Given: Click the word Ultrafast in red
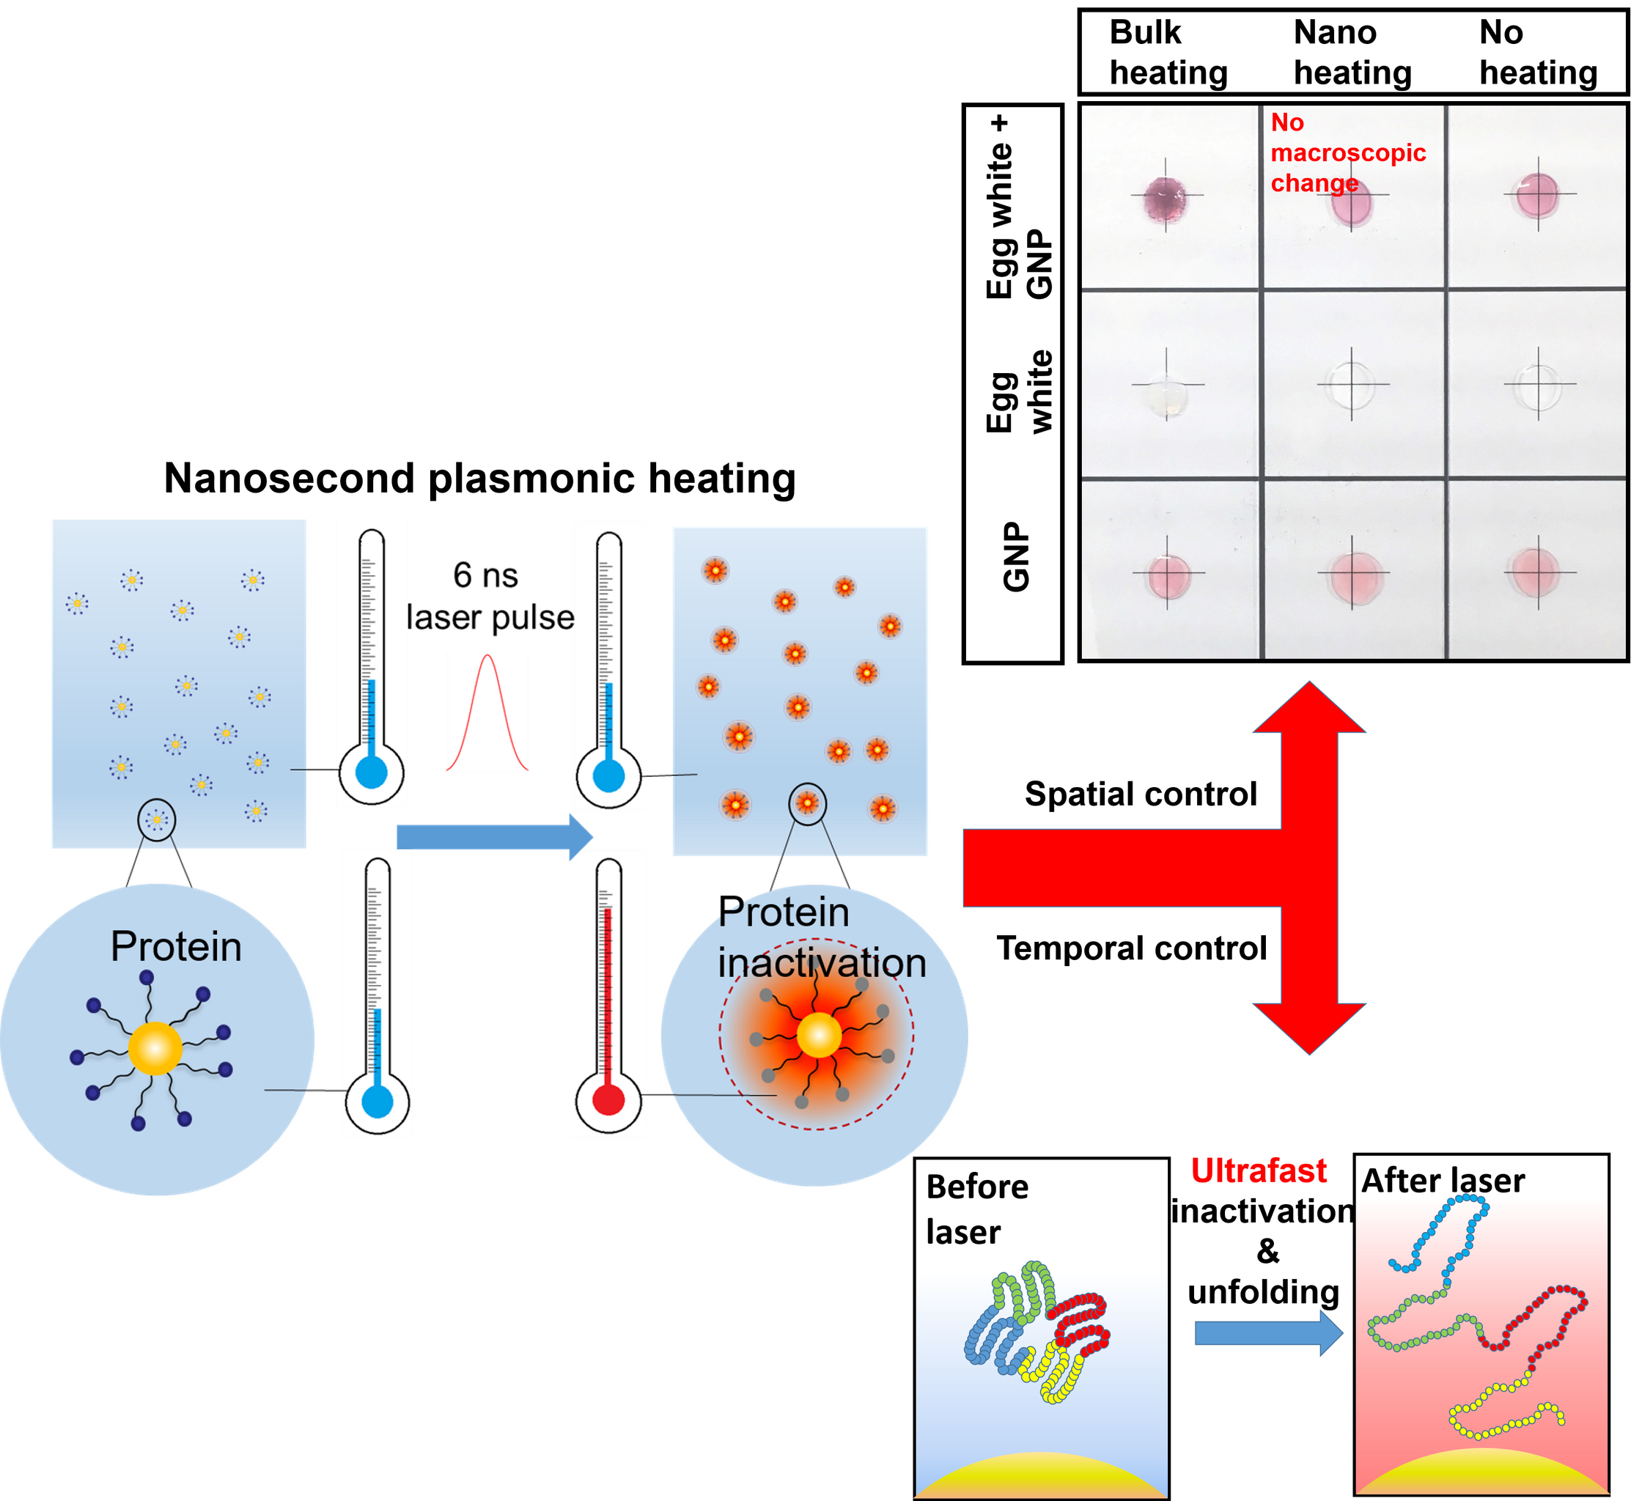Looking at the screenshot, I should point(1259,1170).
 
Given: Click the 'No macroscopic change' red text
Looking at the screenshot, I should point(1347,152).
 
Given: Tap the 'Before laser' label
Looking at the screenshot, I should point(976,1209).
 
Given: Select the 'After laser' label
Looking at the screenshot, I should point(1443,1180).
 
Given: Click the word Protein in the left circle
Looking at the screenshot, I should point(176,946).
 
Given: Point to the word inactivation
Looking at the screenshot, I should point(822,962).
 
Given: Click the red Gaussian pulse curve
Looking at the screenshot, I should point(487,712).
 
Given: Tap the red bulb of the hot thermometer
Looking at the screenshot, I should point(608,1100).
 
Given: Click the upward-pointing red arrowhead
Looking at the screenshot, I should point(1309,709).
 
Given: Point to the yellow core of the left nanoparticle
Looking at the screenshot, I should point(155,1049).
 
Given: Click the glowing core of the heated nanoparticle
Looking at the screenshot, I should point(818,1035).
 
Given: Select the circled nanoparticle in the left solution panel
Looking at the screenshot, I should point(156,819).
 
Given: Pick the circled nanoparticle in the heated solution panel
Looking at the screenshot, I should point(807,804).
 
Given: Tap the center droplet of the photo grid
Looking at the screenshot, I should point(1352,385).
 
